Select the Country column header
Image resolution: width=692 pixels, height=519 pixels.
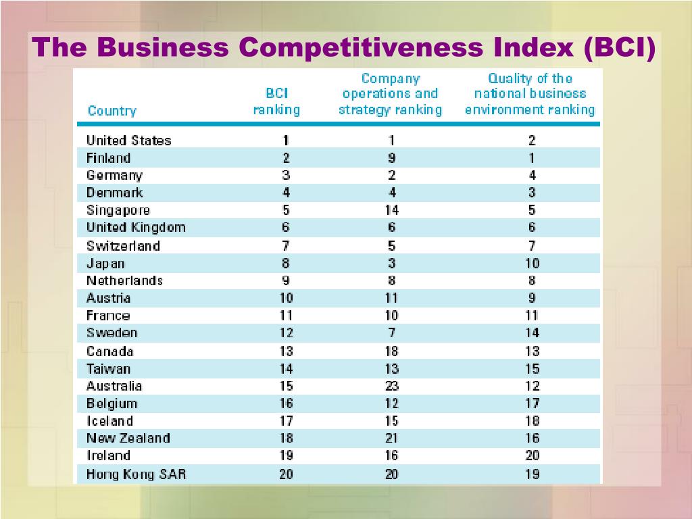(x=112, y=111)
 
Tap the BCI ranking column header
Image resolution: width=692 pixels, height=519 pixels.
(x=276, y=101)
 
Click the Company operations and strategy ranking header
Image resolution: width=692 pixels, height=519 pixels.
(x=391, y=95)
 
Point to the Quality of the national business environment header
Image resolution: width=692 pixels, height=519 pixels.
(x=530, y=95)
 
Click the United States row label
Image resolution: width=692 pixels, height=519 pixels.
(x=128, y=141)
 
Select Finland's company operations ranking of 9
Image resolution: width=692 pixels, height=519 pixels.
(x=391, y=158)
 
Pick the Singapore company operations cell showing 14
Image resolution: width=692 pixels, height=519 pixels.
(x=391, y=210)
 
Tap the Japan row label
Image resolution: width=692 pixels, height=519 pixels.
(x=105, y=264)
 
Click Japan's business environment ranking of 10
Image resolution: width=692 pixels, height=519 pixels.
(x=532, y=264)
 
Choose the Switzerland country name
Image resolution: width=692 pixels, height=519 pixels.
(x=123, y=246)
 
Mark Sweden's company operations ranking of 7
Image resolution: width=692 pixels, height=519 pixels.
(x=391, y=333)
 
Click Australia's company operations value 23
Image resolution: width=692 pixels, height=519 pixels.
(x=391, y=386)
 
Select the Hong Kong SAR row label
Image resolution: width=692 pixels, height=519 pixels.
(x=136, y=474)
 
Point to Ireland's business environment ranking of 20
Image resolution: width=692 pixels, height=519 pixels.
(x=532, y=455)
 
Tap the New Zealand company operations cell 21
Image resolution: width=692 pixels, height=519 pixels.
(x=391, y=439)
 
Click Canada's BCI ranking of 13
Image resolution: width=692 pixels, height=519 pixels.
(x=286, y=351)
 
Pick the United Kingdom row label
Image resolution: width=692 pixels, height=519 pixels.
(x=135, y=228)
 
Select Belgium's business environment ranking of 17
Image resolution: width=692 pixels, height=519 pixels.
(x=532, y=403)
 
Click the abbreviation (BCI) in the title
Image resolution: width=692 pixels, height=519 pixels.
(x=620, y=47)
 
